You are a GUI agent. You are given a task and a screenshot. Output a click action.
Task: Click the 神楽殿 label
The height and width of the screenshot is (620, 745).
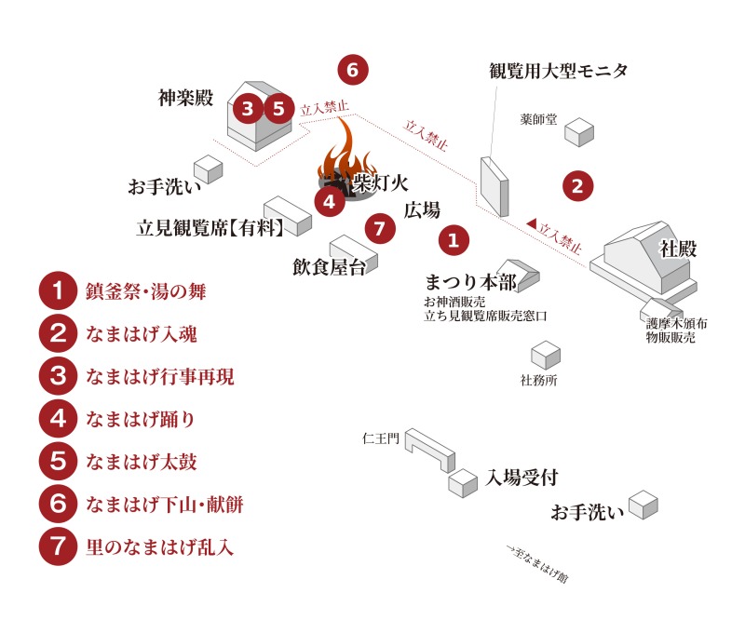[x=186, y=97]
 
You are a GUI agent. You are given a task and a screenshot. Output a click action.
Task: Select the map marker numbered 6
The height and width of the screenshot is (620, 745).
[x=352, y=69]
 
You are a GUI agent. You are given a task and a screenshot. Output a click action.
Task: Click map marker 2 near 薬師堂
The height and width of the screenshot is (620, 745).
[x=577, y=184]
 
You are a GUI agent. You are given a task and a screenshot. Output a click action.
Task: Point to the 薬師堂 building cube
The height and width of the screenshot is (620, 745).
[x=580, y=131]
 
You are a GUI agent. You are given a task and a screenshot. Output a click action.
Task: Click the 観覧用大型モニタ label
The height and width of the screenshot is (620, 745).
[x=559, y=71]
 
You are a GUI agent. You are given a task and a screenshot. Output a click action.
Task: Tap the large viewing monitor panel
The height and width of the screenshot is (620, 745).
[x=494, y=186]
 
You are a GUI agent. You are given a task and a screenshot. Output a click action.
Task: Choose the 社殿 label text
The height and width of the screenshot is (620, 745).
[x=677, y=248]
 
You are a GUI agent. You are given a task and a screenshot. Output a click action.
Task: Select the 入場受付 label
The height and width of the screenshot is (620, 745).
[x=521, y=478]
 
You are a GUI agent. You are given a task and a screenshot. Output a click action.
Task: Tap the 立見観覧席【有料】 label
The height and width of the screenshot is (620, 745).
[x=210, y=226]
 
